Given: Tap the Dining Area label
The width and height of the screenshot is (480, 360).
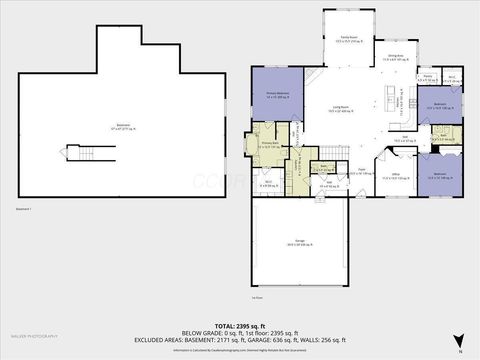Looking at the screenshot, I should tap(394, 59).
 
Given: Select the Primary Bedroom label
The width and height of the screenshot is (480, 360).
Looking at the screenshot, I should tap(277, 95).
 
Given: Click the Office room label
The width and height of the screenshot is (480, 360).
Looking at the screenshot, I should tap(395, 176).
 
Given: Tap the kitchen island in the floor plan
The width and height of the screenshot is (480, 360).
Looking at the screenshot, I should tap(388, 98).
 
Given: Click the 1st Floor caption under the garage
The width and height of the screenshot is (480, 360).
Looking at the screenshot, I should tap(257, 298).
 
